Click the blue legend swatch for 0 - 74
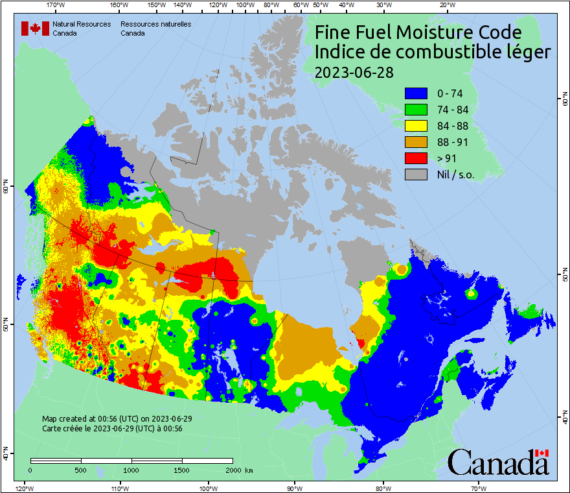[x=416, y=93]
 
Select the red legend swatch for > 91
[x=416, y=158]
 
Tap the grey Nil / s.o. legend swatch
[x=416, y=174]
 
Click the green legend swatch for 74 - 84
[x=416, y=110]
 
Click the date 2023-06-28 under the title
[x=353, y=72]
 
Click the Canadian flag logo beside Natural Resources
[x=35, y=29]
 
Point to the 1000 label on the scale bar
[x=131, y=470]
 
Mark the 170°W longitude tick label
[x=56, y=5]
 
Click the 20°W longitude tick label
[x=446, y=5]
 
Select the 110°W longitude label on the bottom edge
[x=119, y=488]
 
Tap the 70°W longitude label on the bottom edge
[x=478, y=488]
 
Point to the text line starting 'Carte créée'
[x=112, y=429]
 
